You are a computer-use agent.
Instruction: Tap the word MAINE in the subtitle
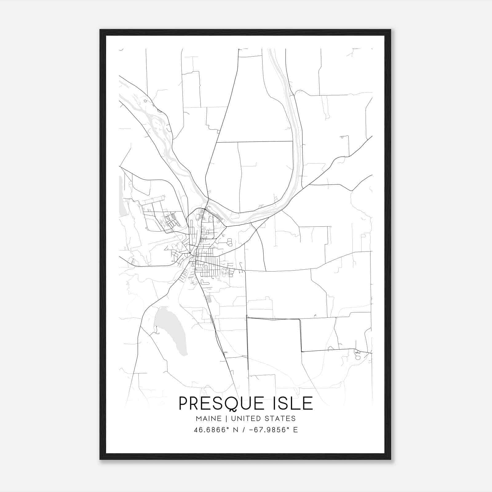(x=208, y=418)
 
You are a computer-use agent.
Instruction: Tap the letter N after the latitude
(x=236, y=430)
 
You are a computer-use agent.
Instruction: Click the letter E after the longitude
(x=295, y=430)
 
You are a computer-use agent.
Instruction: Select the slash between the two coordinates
(x=243, y=430)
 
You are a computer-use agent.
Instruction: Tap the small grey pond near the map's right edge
(x=357, y=357)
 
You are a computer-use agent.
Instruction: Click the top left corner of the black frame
(x=101, y=30)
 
